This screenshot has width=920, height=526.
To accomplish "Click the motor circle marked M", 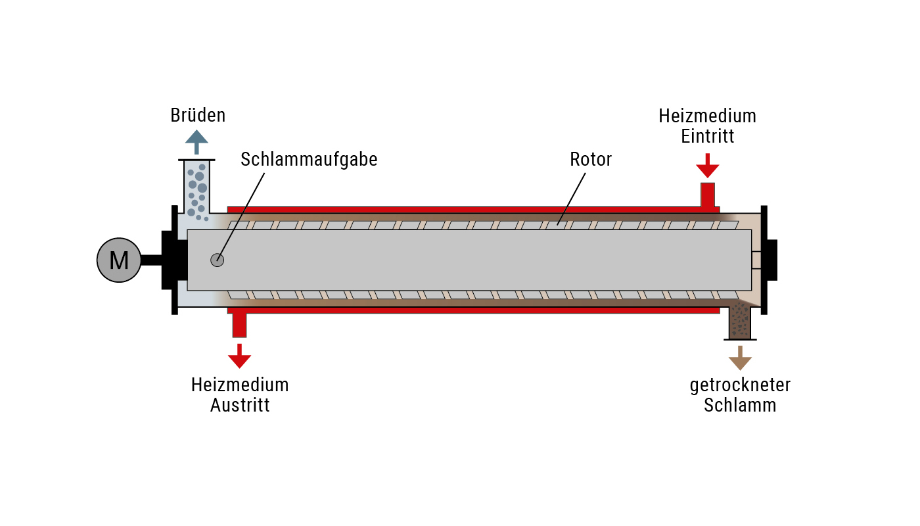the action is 119,260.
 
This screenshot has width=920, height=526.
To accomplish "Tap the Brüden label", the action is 198,116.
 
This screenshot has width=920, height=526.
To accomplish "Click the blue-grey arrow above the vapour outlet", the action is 196,142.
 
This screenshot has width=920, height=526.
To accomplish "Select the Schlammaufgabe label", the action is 309,160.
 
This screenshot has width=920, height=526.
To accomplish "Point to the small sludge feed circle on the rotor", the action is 218,260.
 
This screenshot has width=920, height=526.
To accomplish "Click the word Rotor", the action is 591,159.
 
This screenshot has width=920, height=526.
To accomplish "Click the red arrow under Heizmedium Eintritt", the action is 708,166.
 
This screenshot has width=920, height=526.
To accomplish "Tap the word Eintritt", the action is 707,137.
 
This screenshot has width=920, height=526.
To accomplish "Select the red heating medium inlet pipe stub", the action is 708,195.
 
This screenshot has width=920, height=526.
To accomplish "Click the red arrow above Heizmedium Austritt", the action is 239,356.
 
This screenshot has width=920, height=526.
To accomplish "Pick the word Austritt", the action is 240,405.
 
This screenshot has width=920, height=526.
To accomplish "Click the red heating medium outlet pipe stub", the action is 239,325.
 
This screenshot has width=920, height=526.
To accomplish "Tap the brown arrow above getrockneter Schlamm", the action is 740,358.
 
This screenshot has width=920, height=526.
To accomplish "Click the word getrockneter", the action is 740,385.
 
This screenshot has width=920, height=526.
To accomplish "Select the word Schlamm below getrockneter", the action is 740,405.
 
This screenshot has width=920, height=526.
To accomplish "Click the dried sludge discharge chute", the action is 740,322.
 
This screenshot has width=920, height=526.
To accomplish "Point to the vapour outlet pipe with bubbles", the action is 196,187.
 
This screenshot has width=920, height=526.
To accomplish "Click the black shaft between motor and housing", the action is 152,260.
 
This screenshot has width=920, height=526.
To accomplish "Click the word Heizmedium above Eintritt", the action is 707,116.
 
